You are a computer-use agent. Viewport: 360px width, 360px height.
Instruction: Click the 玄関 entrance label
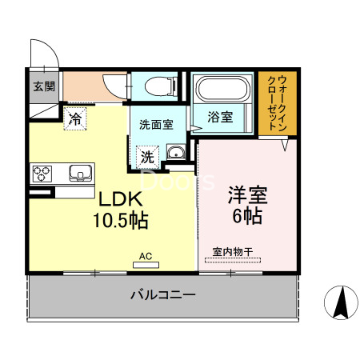click(x=44, y=86)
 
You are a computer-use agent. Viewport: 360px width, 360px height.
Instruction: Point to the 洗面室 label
click(x=157, y=125)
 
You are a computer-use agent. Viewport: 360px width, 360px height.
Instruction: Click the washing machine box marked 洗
click(x=148, y=157)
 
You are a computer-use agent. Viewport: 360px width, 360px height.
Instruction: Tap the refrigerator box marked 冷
click(x=75, y=120)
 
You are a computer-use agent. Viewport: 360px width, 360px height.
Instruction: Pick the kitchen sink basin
click(x=81, y=173)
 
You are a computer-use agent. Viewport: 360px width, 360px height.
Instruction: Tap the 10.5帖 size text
click(x=121, y=218)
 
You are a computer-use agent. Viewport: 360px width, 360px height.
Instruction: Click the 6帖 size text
click(x=246, y=216)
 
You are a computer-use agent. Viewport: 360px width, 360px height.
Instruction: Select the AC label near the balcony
click(x=146, y=256)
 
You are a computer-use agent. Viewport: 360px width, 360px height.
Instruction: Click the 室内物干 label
click(x=233, y=253)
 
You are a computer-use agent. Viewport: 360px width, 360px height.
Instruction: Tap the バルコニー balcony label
click(x=163, y=296)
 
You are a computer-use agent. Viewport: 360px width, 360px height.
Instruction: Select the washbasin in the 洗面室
click(x=176, y=154)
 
